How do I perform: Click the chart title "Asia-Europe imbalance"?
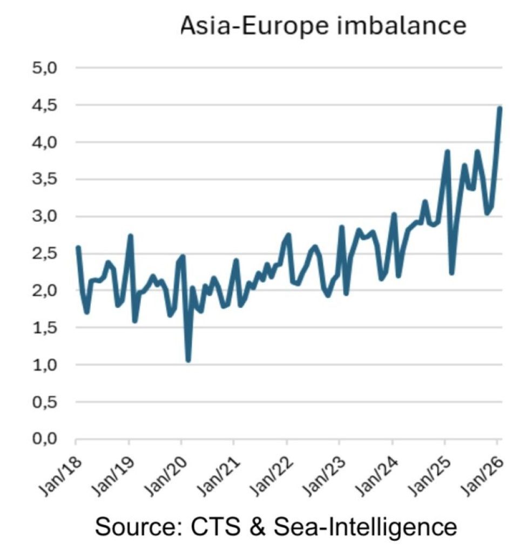[x=323, y=25]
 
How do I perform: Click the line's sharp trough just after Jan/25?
[x=451, y=273]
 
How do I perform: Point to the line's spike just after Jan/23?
[x=341, y=227]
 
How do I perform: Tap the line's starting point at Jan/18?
[x=78, y=248]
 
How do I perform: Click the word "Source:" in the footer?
[x=137, y=526]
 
